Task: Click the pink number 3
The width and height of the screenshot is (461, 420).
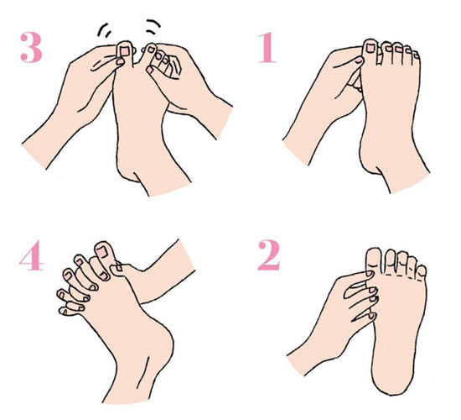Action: click(31, 47)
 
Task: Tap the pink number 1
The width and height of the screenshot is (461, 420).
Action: click(267, 48)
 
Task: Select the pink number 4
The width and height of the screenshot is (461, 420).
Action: click(32, 255)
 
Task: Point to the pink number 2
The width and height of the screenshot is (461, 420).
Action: click(269, 255)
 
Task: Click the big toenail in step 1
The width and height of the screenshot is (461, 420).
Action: click(370, 48)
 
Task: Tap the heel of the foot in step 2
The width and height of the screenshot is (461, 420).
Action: click(392, 381)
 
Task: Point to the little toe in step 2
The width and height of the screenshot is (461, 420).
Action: click(422, 271)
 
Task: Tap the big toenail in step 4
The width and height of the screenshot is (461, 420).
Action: click(102, 252)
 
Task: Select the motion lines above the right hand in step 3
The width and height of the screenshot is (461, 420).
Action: click(153, 26)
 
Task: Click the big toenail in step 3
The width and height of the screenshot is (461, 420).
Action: click(125, 51)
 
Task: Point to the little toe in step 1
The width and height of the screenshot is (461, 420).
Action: click(417, 56)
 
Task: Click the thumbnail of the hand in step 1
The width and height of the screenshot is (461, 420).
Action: click(360, 60)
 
